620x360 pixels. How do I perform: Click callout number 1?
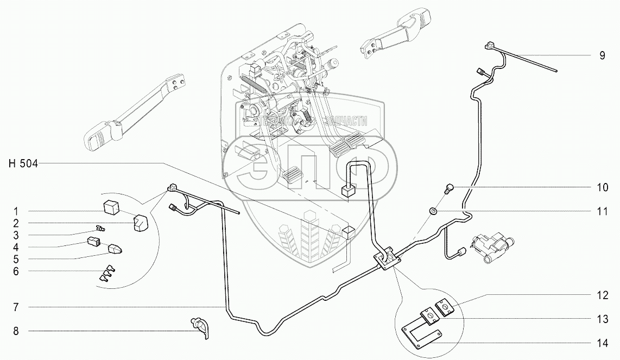click(16, 211)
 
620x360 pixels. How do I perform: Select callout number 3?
click(16, 235)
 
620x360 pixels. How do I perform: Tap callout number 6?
click(16, 270)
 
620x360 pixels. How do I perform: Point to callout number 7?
click(16, 307)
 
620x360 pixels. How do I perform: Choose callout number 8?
click(16, 331)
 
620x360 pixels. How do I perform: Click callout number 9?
click(602, 55)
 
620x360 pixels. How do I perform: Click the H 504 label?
click(23, 163)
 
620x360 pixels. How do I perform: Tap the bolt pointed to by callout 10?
click(448, 188)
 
